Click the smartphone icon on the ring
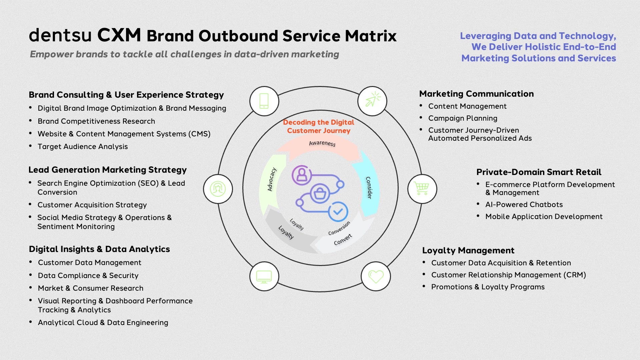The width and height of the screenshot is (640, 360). [x=264, y=101]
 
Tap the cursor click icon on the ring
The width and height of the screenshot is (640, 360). [x=372, y=101]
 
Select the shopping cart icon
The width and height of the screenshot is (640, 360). [x=422, y=189]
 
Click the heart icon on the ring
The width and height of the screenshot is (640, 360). [x=376, y=276]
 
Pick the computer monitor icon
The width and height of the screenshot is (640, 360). [x=264, y=276]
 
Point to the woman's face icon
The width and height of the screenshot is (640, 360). [x=218, y=189]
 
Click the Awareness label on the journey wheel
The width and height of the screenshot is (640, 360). [x=322, y=143]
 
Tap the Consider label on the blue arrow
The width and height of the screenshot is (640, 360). [x=369, y=188]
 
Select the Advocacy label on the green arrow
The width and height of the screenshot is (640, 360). [x=272, y=179]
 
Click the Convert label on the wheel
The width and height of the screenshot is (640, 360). [x=343, y=239]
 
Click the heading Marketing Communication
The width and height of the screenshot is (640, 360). [x=476, y=94]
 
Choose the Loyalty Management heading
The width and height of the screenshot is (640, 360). [x=468, y=250]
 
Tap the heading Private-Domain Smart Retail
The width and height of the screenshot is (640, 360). [x=539, y=172]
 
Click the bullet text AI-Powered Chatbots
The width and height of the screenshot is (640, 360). [x=524, y=205]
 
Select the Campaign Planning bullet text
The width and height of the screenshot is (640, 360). [x=463, y=118]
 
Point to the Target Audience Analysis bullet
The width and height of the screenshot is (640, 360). [x=83, y=147]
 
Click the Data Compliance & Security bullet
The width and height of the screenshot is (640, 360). [x=88, y=276]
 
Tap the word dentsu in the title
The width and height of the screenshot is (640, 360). [x=60, y=35]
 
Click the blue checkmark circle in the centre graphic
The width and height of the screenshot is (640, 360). [x=338, y=212]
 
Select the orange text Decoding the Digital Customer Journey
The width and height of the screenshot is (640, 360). [x=319, y=127]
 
